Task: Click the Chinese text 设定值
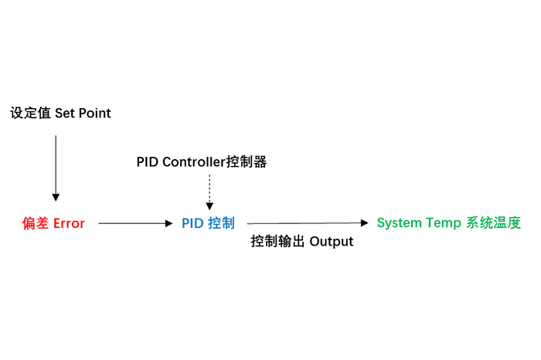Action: (30, 114)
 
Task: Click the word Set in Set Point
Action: (65, 114)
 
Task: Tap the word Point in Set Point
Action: (94, 114)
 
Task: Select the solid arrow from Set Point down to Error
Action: (55, 166)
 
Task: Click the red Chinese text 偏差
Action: (36, 223)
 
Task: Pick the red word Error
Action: (69, 223)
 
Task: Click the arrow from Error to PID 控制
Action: (135, 223)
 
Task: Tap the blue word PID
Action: (192, 223)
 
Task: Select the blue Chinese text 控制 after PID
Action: (222, 223)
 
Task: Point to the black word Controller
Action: (193, 162)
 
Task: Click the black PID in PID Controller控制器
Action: (148, 162)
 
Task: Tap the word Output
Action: (332, 242)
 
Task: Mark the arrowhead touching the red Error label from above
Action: (55, 198)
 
